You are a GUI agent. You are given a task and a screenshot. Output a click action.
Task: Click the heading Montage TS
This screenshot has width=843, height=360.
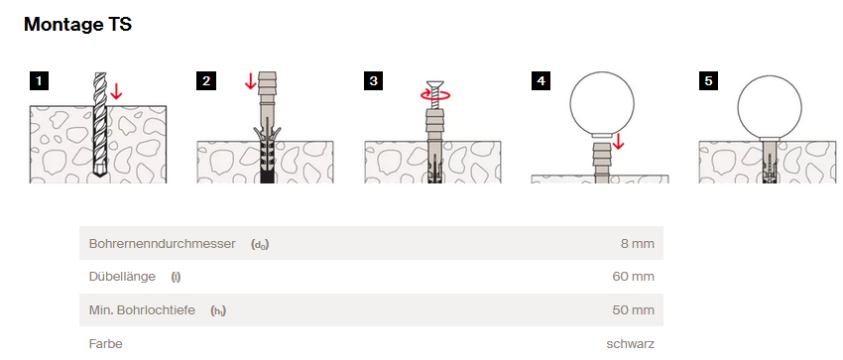[x=78, y=24]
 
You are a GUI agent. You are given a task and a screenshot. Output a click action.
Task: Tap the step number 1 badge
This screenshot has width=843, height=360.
[x=39, y=81]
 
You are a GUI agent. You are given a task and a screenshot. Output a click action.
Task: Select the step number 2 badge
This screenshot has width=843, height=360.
[x=206, y=81]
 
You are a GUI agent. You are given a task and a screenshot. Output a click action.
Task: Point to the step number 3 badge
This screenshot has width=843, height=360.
[x=374, y=81]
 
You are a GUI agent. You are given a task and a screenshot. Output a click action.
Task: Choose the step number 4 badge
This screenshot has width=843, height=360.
[x=541, y=81]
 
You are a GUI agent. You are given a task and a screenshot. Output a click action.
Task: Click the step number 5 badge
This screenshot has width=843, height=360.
[x=708, y=81]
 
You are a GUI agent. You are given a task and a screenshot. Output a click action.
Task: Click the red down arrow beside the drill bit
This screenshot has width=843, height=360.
[x=116, y=91]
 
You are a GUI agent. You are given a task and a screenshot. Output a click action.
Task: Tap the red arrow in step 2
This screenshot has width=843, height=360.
[x=250, y=81]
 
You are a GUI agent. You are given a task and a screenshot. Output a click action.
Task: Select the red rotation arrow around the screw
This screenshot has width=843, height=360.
[x=435, y=95]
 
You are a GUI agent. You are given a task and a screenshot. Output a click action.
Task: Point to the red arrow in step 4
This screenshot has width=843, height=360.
[x=618, y=142]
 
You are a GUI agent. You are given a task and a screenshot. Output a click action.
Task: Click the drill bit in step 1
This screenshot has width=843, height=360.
[x=99, y=125]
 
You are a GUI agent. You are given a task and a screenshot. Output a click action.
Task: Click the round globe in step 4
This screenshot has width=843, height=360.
[x=602, y=104]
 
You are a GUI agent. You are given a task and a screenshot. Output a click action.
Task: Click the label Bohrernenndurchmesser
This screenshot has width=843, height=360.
[x=163, y=244]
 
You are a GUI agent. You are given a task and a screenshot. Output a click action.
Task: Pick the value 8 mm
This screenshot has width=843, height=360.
[x=638, y=244]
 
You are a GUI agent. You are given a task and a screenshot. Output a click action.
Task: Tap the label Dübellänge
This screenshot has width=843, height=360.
[x=122, y=277]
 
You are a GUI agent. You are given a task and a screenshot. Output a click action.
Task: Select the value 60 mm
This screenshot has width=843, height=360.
[x=634, y=278]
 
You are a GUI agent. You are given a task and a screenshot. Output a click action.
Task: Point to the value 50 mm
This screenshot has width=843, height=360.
[x=634, y=310]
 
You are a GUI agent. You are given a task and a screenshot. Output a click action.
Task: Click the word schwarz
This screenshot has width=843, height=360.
[x=631, y=344]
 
